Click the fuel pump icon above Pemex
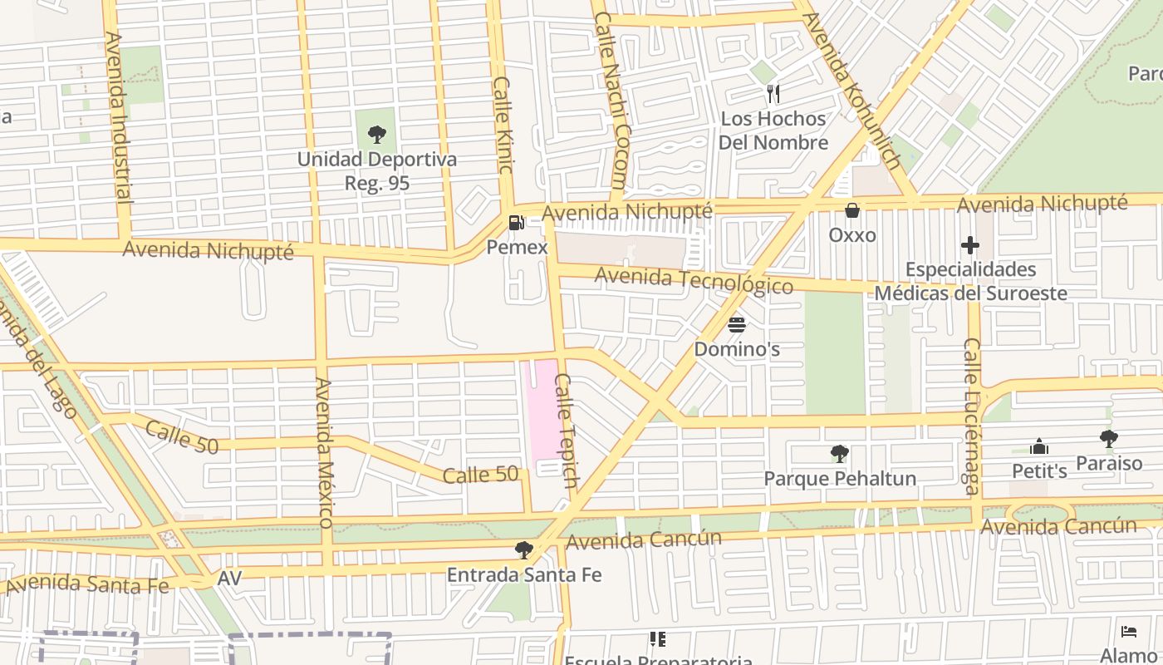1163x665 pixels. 516,223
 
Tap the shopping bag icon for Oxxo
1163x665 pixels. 851,210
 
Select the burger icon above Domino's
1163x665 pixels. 737,324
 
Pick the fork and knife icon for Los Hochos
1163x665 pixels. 773,93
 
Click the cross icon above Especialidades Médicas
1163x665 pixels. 969,245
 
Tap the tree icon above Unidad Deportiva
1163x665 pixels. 376,134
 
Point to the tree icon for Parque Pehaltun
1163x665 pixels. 839,454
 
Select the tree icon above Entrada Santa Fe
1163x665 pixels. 523,549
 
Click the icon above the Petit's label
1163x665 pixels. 1038,447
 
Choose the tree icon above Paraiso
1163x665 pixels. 1108,438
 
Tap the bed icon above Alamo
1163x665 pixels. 1128,632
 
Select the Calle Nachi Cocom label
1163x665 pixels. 611,100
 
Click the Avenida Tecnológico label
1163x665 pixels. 694,280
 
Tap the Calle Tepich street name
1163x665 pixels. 566,430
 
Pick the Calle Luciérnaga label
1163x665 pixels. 970,416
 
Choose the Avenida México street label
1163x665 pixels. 323,452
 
